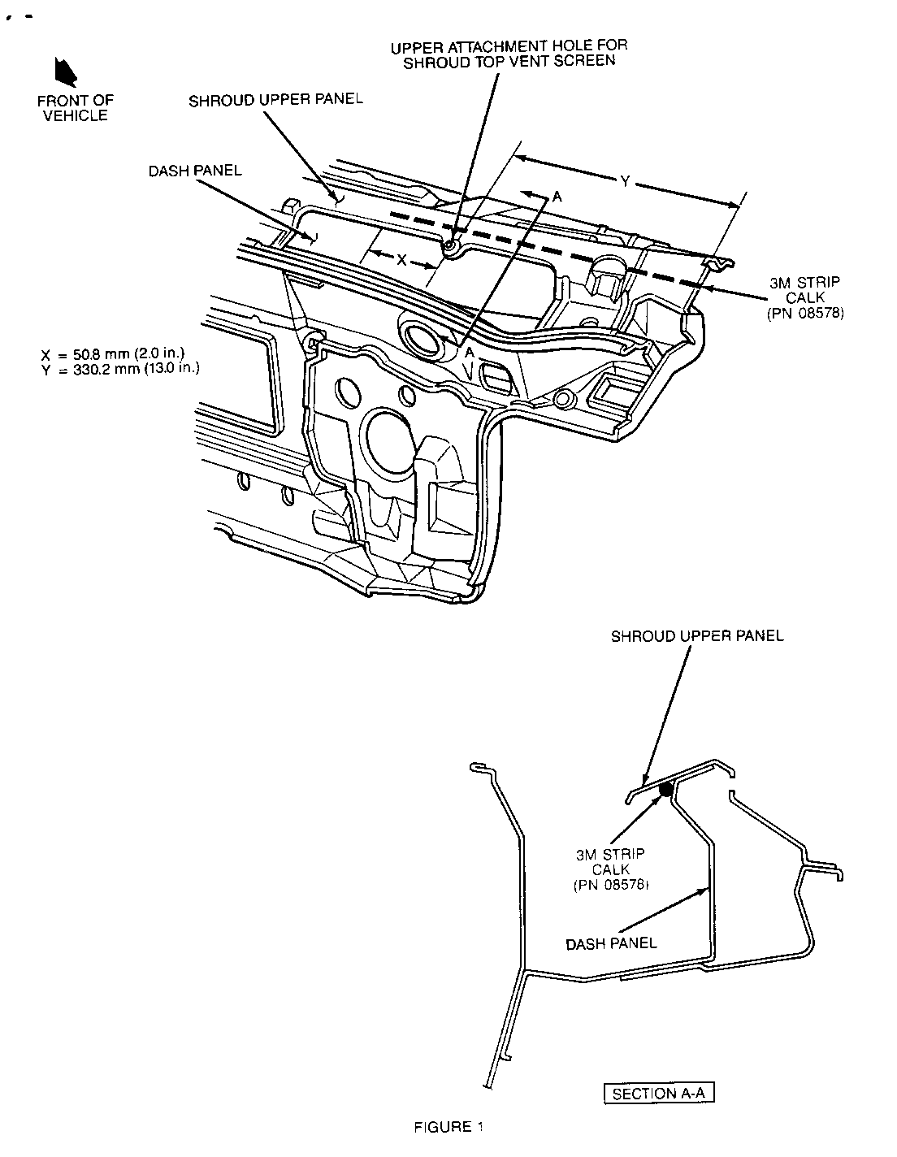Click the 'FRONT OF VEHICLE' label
[75, 107]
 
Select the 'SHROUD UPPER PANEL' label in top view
[275, 100]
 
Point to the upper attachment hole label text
[509, 54]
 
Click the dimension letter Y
[625, 182]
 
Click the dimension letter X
[401, 261]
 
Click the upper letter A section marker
[557, 196]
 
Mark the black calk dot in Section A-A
[665, 789]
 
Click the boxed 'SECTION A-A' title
[659, 1093]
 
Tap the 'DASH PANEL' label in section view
[611, 943]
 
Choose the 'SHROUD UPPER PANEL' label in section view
[697, 636]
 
